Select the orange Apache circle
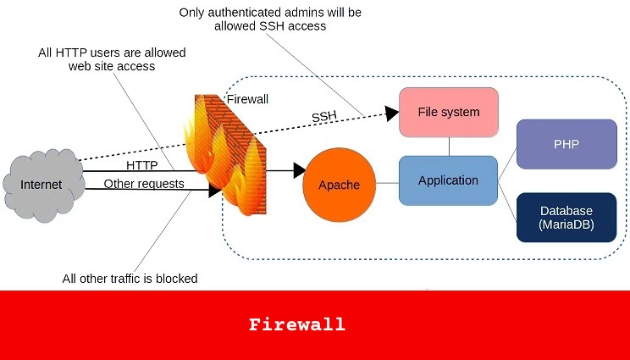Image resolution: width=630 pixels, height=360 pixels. (x=339, y=185)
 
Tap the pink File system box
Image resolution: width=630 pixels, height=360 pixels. (x=448, y=112)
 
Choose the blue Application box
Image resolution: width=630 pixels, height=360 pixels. (x=448, y=180)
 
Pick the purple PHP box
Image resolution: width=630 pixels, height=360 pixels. (x=566, y=144)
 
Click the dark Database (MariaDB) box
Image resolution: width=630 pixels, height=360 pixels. (x=566, y=217)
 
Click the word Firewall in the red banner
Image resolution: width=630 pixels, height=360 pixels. (x=297, y=324)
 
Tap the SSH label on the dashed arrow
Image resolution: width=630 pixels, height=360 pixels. (x=324, y=116)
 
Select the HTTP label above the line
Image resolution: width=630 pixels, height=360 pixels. (x=142, y=163)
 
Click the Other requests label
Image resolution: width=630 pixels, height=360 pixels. (x=144, y=183)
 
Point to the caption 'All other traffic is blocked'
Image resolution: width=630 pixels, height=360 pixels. (x=130, y=279)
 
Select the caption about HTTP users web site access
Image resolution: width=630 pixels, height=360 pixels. (x=112, y=59)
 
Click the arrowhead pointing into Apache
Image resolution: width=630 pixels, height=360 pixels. (x=299, y=170)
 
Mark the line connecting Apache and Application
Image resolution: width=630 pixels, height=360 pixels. (x=387, y=183)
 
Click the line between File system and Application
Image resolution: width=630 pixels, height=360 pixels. (x=449, y=146)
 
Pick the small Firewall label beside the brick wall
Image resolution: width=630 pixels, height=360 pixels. (x=247, y=99)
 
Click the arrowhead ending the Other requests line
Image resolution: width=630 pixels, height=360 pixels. (x=215, y=191)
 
